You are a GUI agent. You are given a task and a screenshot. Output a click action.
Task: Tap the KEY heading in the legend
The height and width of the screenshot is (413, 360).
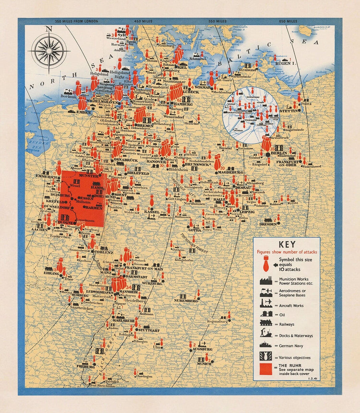(x=287, y=244)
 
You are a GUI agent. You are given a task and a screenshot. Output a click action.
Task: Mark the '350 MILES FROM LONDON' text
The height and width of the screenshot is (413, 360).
(x=77, y=21)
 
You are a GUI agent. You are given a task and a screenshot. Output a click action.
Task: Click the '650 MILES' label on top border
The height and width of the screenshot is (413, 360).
(x=288, y=21)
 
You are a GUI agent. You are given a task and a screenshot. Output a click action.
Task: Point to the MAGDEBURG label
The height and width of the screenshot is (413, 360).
(x=229, y=172)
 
